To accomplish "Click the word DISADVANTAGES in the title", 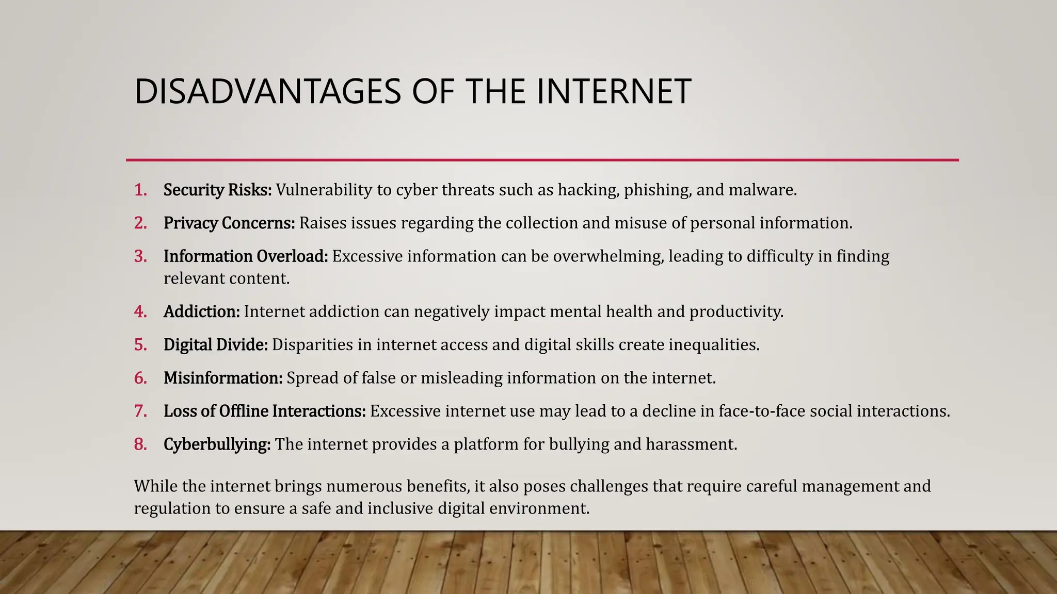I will (x=267, y=92).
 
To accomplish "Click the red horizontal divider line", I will (x=542, y=160).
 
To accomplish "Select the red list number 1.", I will (x=140, y=190).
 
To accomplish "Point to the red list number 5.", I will (x=140, y=345).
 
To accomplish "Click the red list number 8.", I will (x=140, y=444).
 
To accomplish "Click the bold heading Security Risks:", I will (x=217, y=190).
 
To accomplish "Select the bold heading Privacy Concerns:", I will (x=229, y=223).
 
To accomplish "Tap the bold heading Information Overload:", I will (x=246, y=256).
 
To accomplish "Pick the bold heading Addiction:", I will (x=201, y=312).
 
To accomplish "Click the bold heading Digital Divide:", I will (x=216, y=345).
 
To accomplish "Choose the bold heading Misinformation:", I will (x=223, y=378).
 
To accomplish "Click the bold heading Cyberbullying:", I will (x=217, y=444).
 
